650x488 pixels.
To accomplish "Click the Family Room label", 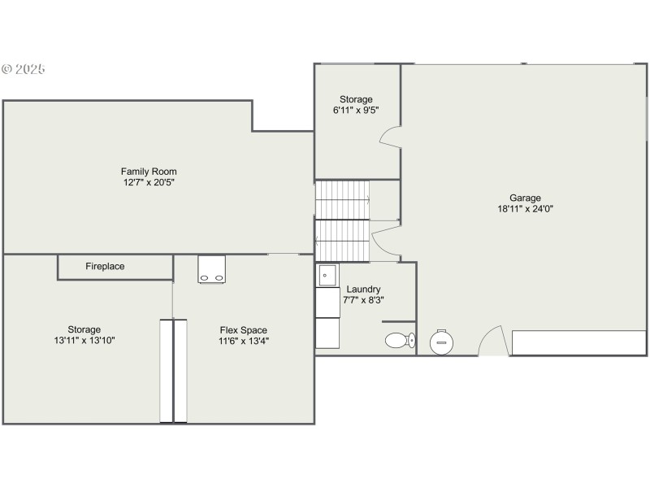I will pyautogui.click(x=149, y=172).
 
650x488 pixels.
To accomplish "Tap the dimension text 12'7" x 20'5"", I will pyautogui.click(x=149, y=183).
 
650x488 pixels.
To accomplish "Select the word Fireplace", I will pyautogui.click(x=105, y=267).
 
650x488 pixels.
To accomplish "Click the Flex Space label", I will pyautogui.click(x=244, y=330).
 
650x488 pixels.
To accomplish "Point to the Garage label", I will pyautogui.click(x=525, y=198).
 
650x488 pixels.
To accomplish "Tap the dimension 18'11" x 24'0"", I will pyautogui.click(x=525, y=209).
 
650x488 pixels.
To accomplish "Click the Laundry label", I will pyautogui.click(x=363, y=290).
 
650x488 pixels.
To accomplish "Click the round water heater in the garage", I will pyautogui.click(x=442, y=342).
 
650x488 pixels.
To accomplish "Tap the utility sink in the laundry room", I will pyautogui.click(x=327, y=276).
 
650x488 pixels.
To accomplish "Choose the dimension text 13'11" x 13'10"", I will pyautogui.click(x=84, y=341).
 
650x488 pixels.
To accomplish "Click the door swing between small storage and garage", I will pyautogui.click(x=389, y=137).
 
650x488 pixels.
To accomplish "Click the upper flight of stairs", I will pyautogui.click(x=342, y=198).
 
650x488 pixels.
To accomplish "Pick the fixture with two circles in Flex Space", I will pyautogui.click(x=212, y=268).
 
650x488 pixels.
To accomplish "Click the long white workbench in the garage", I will pyautogui.click(x=578, y=342).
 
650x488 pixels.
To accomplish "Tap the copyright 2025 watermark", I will pyautogui.click(x=24, y=69).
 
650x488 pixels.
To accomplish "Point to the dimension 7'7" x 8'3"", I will pyautogui.click(x=363, y=300).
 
